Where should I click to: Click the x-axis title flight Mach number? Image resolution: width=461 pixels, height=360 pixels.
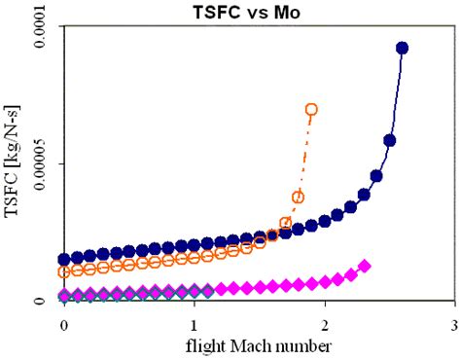point(259,344)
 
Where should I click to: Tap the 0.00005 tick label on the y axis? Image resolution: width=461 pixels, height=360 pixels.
point(33,164)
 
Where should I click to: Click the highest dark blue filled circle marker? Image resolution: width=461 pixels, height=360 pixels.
point(402,48)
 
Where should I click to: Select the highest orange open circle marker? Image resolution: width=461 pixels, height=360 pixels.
point(311,110)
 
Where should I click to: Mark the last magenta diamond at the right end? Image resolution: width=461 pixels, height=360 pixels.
point(365,266)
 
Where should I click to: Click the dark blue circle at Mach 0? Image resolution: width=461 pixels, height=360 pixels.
point(64,260)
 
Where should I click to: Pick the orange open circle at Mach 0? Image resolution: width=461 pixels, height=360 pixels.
point(64,271)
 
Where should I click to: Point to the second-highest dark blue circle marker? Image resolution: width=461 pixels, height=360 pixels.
point(389,140)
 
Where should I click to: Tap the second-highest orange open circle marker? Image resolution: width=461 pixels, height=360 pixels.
point(298,197)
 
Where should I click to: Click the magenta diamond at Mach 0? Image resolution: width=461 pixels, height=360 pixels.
point(64,295)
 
